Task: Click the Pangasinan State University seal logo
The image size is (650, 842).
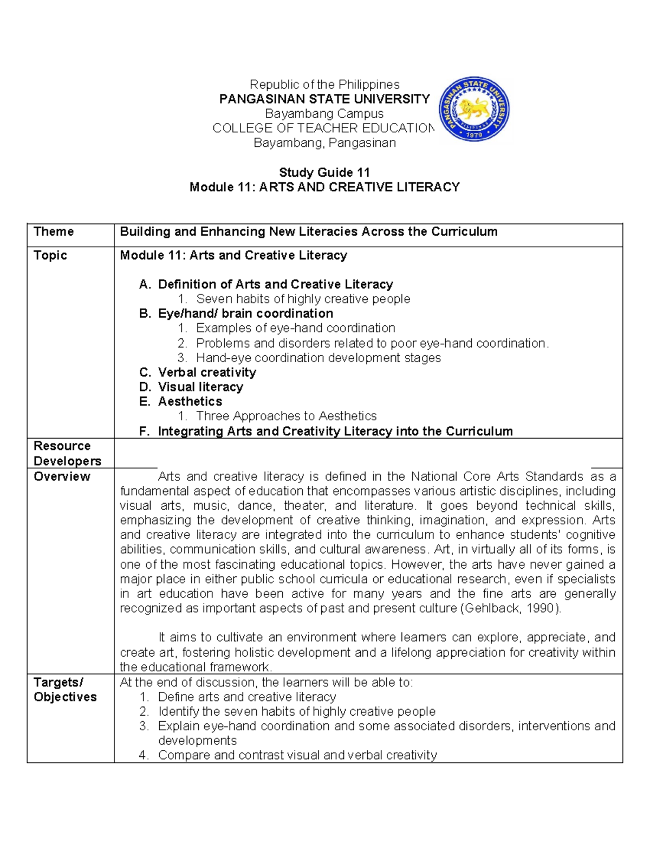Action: coord(474,110)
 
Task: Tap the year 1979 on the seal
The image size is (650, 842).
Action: coord(474,135)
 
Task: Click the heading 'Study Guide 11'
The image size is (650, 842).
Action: coord(324,172)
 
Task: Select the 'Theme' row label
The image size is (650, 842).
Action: coord(54,232)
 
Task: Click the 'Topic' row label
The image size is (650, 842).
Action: coord(50,255)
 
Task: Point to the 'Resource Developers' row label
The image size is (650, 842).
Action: coord(67,453)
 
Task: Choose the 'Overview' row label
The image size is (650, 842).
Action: coord(62,477)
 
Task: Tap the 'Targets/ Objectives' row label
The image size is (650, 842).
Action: coord(64,690)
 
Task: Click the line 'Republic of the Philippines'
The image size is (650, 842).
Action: coord(324,85)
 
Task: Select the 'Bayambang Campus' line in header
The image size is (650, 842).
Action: coord(324,114)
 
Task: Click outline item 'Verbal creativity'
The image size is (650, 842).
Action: coord(207,372)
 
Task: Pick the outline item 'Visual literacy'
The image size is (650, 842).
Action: coord(200,387)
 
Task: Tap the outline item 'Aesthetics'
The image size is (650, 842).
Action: coord(190,402)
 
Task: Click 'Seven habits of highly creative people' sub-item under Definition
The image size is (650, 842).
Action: coord(303,299)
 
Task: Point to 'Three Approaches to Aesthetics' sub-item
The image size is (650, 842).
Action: coord(286,416)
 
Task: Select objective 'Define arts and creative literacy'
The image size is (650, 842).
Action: coord(246,697)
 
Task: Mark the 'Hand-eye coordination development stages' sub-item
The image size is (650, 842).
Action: coord(318,358)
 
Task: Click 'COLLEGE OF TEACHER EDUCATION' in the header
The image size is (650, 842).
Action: coord(323,128)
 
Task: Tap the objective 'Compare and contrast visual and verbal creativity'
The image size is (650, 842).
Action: coord(297,755)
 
